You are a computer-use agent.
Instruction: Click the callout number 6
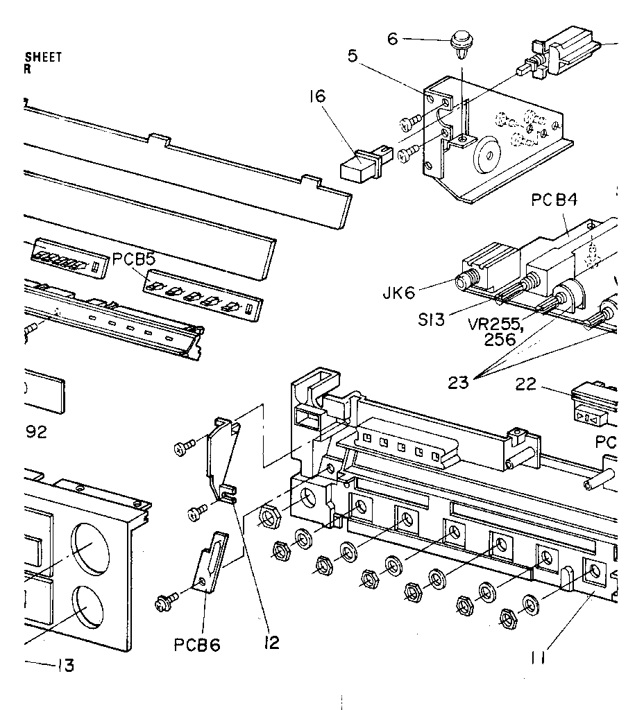pyautogui.click(x=392, y=40)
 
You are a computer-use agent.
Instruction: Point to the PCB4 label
pyautogui.click(x=555, y=201)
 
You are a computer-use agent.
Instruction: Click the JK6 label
pyautogui.click(x=398, y=293)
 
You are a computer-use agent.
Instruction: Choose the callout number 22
pyautogui.click(x=526, y=383)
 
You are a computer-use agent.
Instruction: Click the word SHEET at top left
pyautogui.click(x=43, y=57)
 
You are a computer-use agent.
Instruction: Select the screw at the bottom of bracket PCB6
pyautogui.click(x=166, y=597)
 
